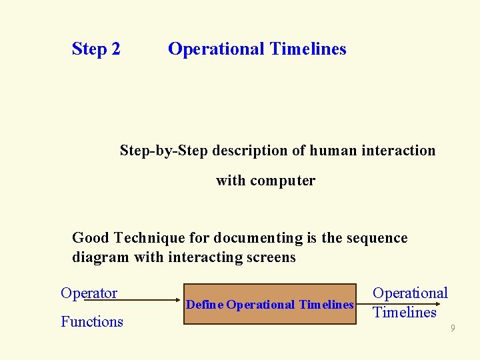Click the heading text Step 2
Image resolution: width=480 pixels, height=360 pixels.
click(96, 49)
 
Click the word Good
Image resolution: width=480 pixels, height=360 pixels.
click(91, 238)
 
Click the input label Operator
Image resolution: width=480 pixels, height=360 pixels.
click(89, 293)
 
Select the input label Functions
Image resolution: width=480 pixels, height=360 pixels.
click(92, 322)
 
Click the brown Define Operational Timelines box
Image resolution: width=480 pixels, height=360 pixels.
click(270, 305)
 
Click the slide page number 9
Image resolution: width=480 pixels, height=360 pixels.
click(453, 328)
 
